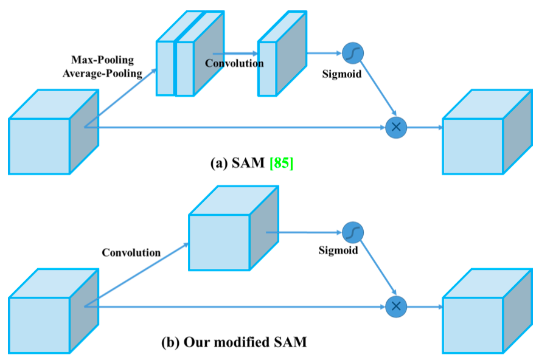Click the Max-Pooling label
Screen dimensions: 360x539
click(102, 61)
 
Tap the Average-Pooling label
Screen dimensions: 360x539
click(102, 74)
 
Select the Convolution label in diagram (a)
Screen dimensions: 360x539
click(234, 63)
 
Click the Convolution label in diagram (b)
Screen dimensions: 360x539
click(131, 252)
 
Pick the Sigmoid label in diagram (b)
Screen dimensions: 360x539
click(338, 250)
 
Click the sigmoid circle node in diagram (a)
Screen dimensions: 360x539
click(352, 53)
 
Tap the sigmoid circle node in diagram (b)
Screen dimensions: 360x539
click(352, 232)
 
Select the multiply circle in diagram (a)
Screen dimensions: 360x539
click(396, 126)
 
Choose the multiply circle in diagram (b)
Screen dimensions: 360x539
click(396, 306)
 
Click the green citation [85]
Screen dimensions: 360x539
click(280, 164)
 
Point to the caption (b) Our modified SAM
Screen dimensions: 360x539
click(234, 342)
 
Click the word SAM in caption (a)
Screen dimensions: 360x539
click(249, 164)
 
